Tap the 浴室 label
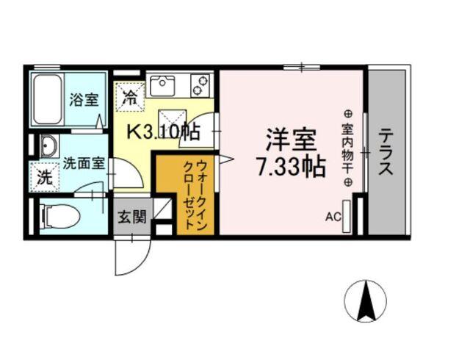pos(84,100)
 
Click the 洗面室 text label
pos(82,163)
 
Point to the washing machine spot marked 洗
pos(44,177)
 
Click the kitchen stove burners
pos(200,84)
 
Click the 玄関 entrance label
pos(132,217)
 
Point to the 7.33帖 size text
pos(290,168)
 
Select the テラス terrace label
pos(386,152)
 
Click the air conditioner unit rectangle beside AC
pos(347,215)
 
